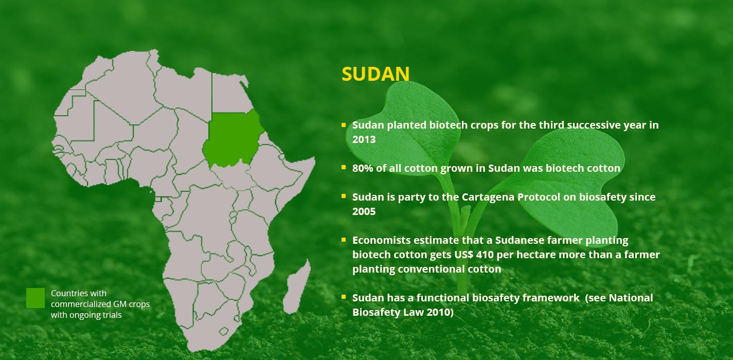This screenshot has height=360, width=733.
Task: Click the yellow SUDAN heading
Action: click(376, 74)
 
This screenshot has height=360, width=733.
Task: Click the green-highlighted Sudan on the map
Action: click(233, 139)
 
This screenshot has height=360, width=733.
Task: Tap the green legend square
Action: click(35, 298)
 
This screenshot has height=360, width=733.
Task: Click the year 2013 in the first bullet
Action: click(364, 139)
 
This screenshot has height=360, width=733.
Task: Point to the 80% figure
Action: click(363, 168)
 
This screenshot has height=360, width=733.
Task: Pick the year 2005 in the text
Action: click(364, 211)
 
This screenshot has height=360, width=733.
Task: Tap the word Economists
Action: click(381, 240)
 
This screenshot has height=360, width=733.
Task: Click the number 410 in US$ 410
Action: click(485, 255)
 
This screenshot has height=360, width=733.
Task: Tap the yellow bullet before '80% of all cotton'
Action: click(344, 167)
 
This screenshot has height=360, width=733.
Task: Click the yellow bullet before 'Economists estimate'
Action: click(344, 240)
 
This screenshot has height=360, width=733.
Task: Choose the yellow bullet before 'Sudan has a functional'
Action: click(344, 297)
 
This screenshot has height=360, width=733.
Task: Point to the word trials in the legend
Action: click(112, 315)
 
